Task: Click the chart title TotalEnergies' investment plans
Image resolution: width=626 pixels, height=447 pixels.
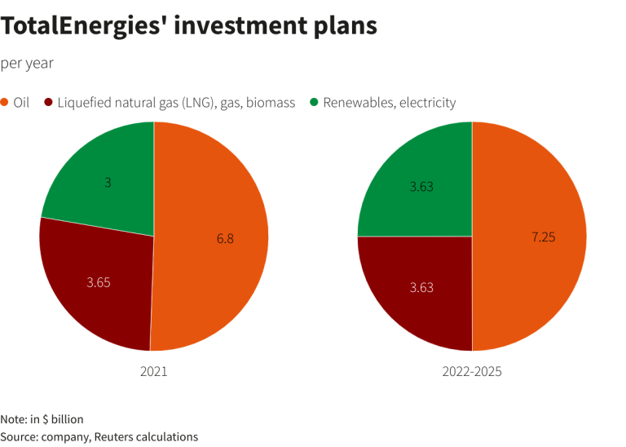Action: click(189, 26)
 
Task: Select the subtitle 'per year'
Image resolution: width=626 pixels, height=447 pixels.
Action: click(27, 63)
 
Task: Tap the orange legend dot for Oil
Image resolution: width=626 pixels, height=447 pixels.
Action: click(5, 103)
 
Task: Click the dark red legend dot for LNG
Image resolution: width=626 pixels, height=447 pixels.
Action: click(49, 103)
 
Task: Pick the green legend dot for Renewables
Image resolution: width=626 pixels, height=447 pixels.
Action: click(314, 103)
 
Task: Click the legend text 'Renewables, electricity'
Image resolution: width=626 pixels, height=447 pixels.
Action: click(389, 103)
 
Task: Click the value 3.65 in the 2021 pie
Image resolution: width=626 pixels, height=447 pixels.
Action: click(98, 282)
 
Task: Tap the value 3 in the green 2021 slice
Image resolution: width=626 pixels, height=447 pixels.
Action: click(108, 183)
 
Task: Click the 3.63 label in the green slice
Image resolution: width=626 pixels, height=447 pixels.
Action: click(421, 187)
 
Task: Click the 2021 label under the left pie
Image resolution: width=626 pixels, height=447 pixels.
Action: click(153, 371)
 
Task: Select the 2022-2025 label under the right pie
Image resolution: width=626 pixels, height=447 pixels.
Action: click(472, 371)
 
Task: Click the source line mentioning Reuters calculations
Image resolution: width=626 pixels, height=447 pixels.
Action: click(99, 436)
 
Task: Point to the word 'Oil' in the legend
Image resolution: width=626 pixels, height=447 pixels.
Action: click(21, 103)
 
